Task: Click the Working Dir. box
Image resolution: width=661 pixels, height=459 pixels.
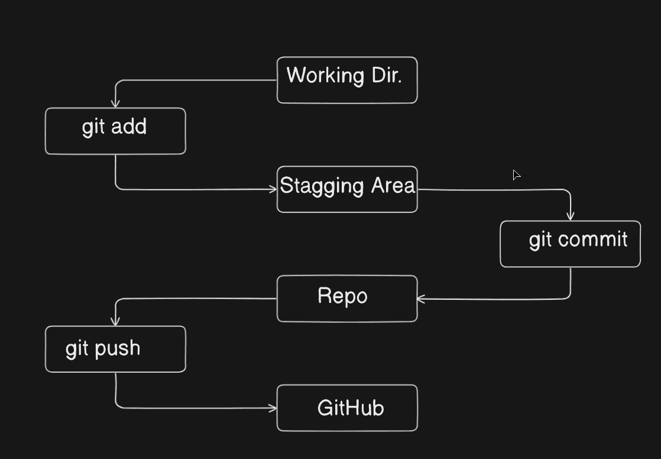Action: [x=347, y=80]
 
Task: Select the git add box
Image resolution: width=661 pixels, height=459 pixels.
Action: [x=115, y=131]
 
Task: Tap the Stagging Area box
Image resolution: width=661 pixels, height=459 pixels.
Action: [x=347, y=189]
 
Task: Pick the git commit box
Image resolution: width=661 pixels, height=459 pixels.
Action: [x=570, y=244]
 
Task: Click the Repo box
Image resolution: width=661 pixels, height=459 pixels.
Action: [x=347, y=299]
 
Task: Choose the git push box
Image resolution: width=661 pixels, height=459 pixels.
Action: [x=115, y=349]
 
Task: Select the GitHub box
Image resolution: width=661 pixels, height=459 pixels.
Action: [x=347, y=408]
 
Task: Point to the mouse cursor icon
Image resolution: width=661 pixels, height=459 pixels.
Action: [x=516, y=175]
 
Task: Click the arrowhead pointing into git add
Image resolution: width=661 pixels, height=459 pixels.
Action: [x=115, y=104]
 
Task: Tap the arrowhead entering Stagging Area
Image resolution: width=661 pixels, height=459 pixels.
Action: [x=273, y=189]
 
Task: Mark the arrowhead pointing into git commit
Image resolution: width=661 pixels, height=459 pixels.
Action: [x=571, y=216]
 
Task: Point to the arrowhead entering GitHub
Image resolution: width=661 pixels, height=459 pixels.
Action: [x=273, y=408]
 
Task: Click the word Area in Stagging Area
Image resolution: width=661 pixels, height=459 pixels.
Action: [x=393, y=186]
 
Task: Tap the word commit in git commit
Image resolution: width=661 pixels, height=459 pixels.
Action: [x=592, y=240]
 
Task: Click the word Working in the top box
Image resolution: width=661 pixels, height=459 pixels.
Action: [x=325, y=76]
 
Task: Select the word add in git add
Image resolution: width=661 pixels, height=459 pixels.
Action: [x=129, y=127]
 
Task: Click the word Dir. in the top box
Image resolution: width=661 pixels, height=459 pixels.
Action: [x=387, y=76]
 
